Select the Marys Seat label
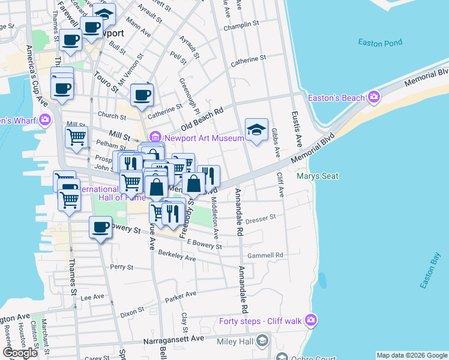(318, 176)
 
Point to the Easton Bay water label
(430, 271)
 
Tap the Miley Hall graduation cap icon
(262, 341)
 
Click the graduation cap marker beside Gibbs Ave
(256, 130)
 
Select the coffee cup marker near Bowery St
(100, 227)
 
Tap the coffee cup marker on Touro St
(142, 95)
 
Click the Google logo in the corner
(20, 353)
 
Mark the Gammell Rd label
(265, 255)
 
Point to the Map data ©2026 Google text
(411, 355)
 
